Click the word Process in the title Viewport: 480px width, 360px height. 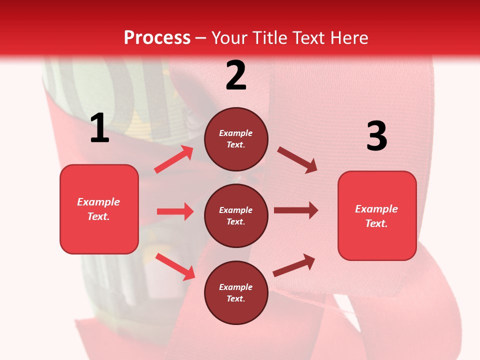157,37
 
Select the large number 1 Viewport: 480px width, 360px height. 99,128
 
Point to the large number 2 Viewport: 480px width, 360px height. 236,75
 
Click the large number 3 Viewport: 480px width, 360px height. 376,136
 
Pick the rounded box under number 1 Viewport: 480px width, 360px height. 99,209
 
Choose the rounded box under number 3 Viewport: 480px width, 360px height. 377,216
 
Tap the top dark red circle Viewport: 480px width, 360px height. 236,139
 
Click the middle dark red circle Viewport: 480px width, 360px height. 236,215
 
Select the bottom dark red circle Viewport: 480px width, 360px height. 236,292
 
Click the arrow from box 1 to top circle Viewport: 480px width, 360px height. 174,159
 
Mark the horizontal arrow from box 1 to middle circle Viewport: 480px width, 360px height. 175,211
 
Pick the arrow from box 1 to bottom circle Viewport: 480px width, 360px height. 175,266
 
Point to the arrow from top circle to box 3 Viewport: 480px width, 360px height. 297,159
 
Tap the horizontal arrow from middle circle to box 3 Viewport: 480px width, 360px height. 296,210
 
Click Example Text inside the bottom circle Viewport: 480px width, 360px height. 236,292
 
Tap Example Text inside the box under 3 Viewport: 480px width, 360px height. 376,216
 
